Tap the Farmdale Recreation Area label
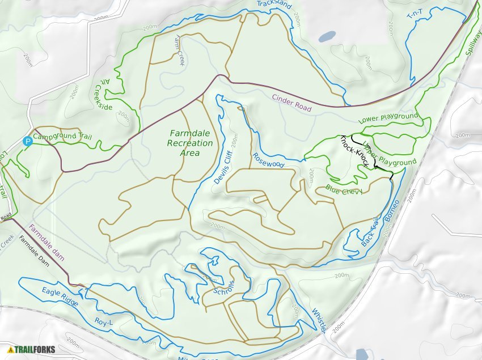tap(190, 143)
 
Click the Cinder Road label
tap(291, 103)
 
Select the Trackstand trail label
tap(274, 5)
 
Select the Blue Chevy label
tap(344, 191)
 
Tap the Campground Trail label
tap(62, 137)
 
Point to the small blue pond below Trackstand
tap(326, 37)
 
